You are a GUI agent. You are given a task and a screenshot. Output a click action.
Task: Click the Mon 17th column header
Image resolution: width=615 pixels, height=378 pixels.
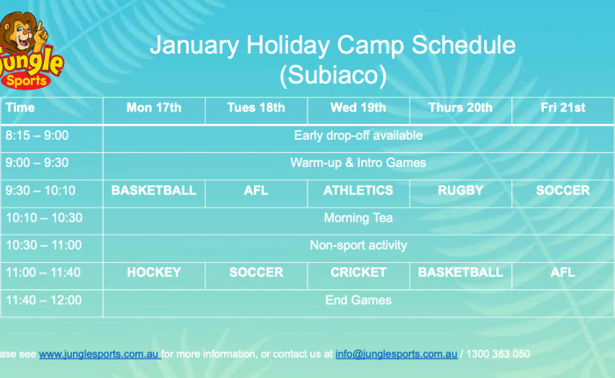tap(154, 107)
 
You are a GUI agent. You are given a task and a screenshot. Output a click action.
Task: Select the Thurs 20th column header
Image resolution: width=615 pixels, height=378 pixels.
tap(460, 107)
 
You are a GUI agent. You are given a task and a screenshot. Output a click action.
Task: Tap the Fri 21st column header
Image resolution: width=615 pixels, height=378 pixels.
tap(563, 107)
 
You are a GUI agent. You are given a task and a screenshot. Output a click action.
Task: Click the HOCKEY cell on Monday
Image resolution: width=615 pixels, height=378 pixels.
tap(154, 272)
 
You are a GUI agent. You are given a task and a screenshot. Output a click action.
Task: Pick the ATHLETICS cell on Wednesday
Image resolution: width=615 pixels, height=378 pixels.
tap(358, 191)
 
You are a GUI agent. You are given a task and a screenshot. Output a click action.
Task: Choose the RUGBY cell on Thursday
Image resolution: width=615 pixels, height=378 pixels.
tap(460, 191)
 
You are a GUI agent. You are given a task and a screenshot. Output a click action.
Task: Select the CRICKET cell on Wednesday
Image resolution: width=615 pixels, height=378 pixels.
tap(358, 272)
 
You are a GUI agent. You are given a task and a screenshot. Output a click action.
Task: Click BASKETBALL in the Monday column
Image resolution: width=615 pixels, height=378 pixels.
tap(154, 191)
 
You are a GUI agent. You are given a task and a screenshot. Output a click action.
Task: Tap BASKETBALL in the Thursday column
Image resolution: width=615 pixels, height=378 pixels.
tap(460, 272)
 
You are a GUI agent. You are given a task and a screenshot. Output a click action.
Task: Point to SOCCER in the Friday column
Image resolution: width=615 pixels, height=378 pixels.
tap(563, 191)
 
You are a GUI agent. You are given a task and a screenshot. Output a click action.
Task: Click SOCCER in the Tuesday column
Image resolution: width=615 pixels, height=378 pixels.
tap(257, 272)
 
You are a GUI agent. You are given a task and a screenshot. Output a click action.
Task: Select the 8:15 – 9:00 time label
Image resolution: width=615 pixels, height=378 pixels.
tap(37, 135)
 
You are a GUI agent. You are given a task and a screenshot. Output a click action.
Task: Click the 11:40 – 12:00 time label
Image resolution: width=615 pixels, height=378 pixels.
tap(44, 301)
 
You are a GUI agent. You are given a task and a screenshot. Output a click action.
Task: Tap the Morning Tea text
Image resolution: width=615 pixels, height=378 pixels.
tap(358, 218)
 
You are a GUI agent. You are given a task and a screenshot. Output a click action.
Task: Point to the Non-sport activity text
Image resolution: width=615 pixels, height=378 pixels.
tap(358, 245)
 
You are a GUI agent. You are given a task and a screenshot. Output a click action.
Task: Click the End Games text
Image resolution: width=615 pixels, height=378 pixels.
tap(358, 301)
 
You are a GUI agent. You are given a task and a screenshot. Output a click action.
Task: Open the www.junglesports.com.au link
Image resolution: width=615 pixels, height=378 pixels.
tap(98, 354)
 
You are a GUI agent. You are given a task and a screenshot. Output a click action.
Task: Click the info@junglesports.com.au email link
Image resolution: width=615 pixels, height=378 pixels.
tap(396, 354)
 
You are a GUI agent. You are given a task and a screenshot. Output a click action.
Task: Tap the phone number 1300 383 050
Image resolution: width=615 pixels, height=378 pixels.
tap(498, 354)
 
